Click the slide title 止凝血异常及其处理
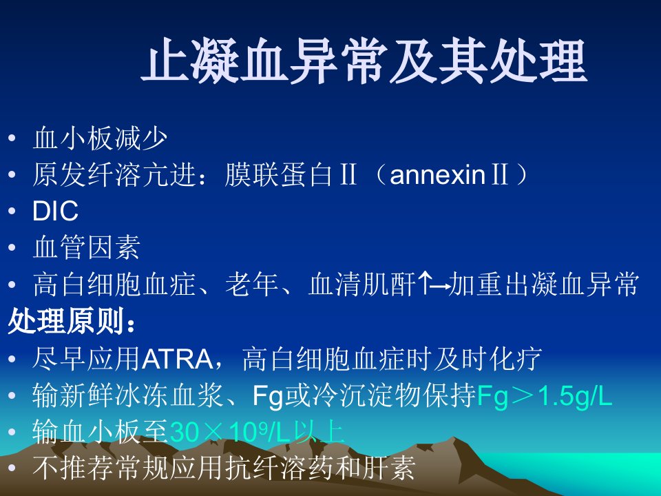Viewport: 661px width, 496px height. [364, 61]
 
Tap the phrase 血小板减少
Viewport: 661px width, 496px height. [100, 138]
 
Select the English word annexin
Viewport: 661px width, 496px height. [437, 174]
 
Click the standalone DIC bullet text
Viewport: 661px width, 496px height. [55, 211]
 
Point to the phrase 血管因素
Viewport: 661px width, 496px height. [87, 247]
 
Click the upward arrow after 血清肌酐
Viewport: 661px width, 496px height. [426, 283]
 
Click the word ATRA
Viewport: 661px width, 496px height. [178, 359]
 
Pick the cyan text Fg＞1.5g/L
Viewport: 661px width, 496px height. [544, 396]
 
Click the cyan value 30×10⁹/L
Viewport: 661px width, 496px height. [230, 432]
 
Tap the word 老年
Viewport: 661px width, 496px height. [252, 283]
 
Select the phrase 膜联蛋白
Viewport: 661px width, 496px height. [278, 174]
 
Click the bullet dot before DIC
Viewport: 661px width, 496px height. [12, 211]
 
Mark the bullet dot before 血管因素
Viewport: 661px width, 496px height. [12, 247]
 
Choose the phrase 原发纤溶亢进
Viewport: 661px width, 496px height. [114, 174]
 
